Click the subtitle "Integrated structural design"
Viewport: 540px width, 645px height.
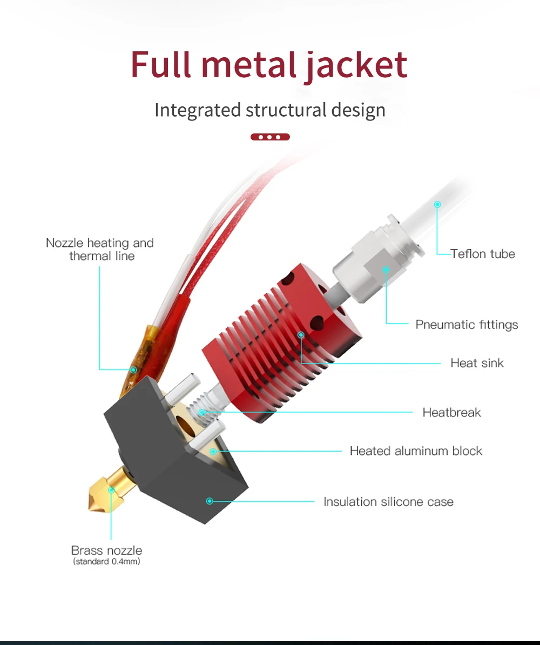click(270, 110)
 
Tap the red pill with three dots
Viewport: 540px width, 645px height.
click(270, 137)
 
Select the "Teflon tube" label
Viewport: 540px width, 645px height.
click(483, 253)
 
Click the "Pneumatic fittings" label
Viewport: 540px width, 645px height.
click(467, 325)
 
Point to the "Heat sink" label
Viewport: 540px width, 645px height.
click(477, 363)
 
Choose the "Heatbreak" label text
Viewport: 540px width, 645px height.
click(451, 412)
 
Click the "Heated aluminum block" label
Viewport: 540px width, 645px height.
click(416, 451)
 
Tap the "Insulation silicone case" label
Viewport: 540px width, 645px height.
click(388, 502)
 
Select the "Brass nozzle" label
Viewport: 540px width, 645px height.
click(107, 550)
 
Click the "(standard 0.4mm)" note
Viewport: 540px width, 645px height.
click(107, 562)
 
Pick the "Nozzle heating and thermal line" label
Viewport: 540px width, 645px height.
click(100, 249)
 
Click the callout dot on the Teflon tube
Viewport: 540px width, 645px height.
click(437, 204)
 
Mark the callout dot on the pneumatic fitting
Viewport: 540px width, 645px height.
click(386, 268)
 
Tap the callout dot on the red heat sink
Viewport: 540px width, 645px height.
click(301, 335)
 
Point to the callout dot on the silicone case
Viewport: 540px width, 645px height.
click(210, 501)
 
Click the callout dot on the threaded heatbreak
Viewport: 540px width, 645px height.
click(202, 413)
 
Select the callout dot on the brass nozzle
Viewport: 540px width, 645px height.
click(111, 491)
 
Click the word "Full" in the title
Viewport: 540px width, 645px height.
click(161, 66)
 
